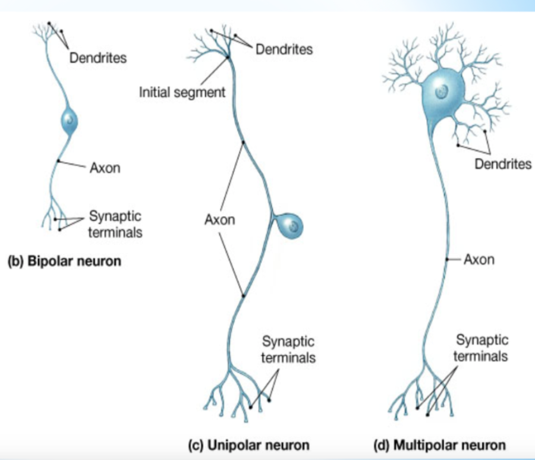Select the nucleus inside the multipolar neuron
441,92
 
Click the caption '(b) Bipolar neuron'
64,261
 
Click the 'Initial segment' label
182,92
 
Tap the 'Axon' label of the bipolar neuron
105,168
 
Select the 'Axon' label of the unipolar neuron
219,220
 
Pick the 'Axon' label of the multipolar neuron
479,260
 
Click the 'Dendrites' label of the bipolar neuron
98,58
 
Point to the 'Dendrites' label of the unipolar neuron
284,49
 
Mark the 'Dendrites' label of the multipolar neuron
503,163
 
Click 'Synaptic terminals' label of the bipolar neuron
115,223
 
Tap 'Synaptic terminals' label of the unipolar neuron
289,350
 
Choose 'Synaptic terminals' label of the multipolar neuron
481,348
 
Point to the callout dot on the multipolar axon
446,260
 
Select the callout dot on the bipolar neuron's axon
58,161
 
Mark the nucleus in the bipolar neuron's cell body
70,119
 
